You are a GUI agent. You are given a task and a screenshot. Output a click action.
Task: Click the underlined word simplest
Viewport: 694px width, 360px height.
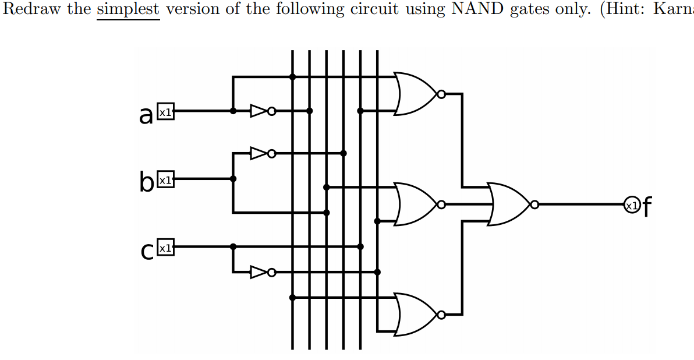tap(128, 10)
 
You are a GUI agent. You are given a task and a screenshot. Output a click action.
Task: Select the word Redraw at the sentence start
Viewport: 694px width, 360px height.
tap(31, 10)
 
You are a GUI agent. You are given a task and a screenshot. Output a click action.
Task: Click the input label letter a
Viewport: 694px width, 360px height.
tap(146, 115)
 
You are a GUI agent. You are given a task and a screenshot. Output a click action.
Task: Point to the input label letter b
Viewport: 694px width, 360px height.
tap(146, 182)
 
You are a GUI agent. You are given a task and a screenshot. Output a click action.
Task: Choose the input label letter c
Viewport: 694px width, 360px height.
tap(147, 250)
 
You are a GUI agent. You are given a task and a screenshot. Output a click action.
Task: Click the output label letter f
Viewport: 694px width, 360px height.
tap(647, 206)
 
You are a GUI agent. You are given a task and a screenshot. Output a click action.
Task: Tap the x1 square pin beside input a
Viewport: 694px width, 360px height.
tap(165, 112)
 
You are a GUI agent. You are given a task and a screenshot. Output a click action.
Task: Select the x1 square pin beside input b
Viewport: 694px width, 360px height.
tap(165, 180)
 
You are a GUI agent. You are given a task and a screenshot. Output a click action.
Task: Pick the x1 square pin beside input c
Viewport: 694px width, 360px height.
tap(165, 248)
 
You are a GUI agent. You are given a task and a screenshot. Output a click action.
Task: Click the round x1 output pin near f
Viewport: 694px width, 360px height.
tap(631, 204)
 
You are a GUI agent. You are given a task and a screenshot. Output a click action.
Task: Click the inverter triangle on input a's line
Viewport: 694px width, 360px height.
tap(259, 111)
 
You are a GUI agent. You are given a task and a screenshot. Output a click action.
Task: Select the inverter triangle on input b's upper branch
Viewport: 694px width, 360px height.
tap(259, 153)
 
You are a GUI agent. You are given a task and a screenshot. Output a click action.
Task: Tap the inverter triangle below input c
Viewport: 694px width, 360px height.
tap(259, 272)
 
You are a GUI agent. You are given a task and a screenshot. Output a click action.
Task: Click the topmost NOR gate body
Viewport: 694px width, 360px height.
tap(415, 94)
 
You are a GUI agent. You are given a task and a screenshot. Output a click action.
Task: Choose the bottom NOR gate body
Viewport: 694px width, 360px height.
tap(415, 315)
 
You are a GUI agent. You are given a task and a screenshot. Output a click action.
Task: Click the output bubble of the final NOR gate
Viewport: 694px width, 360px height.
tap(534, 204)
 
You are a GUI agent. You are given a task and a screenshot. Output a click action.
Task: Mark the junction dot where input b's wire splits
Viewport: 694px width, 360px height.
tap(233, 179)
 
